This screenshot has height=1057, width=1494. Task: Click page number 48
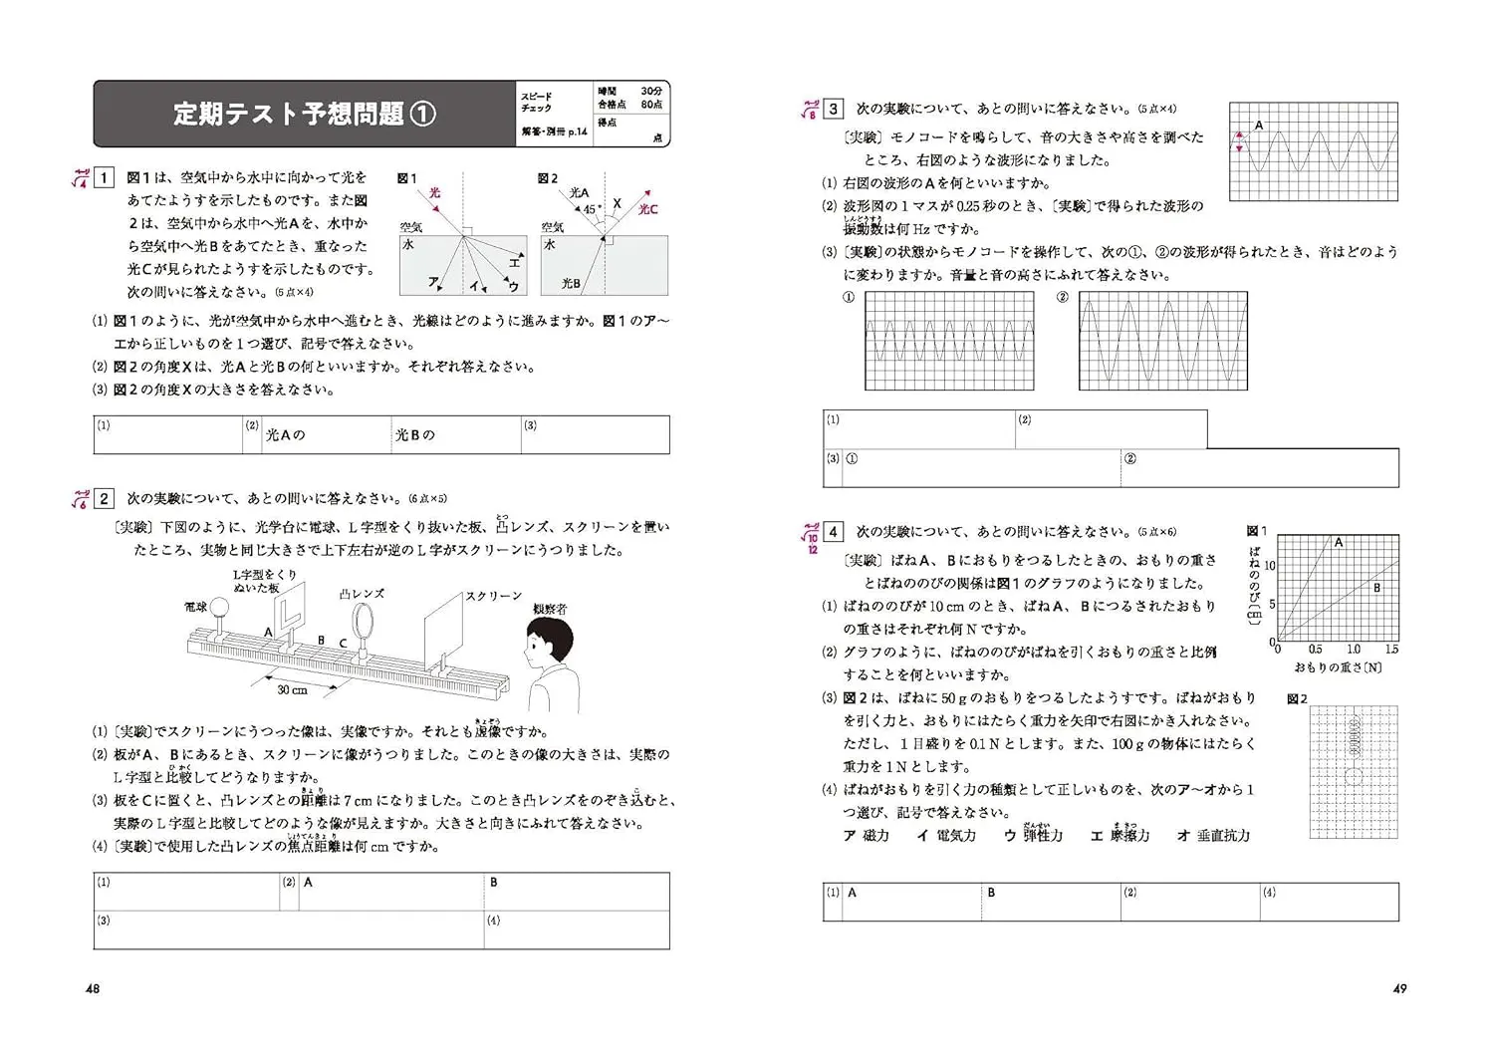(x=93, y=988)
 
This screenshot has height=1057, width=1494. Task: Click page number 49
(x=1398, y=988)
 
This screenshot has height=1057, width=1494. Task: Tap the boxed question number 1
(x=104, y=178)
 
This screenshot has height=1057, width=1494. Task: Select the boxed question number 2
(x=104, y=498)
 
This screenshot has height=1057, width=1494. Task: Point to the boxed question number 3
(x=834, y=109)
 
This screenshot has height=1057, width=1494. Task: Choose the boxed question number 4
(x=834, y=532)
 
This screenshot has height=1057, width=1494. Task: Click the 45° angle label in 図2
(x=591, y=210)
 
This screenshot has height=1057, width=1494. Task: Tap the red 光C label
(x=648, y=209)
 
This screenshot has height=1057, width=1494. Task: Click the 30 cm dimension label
(x=292, y=689)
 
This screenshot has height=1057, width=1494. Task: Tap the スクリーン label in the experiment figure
(x=493, y=596)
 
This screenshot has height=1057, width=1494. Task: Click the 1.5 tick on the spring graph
(x=1391, y=650)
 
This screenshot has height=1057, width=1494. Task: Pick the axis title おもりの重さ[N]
(x=1338, y=666)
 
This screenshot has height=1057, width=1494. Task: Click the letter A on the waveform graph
(x=1258, y=126)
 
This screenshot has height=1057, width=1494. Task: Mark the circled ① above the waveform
(x=849, y=297)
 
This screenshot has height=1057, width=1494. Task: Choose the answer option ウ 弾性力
(x=1033, y=835)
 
